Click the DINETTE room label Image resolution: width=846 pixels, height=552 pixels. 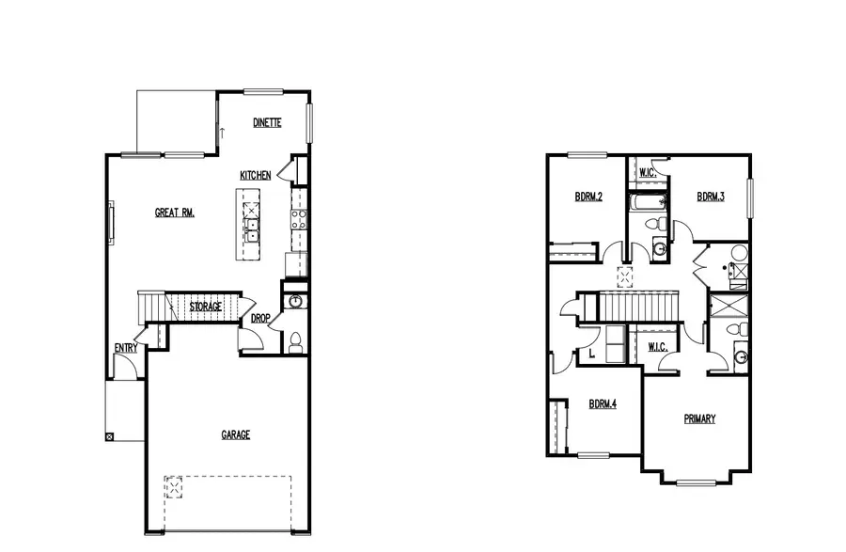click(268, 123)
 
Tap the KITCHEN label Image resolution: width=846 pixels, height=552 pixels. click(256, 176)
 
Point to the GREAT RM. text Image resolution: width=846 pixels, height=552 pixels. click(175, 213)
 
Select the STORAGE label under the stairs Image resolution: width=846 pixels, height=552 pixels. click(206, 308)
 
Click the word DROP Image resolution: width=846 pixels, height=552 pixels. click(260, 319)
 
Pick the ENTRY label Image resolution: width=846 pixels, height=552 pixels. click(126, 348)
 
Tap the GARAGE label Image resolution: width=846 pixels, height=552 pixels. click(236, 434)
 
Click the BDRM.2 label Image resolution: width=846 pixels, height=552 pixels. click(588, 197)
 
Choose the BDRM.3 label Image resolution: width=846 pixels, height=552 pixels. click(711, 197)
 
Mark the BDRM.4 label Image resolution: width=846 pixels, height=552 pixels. click(602, 404)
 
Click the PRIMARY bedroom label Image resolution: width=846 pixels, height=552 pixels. click(699, 419)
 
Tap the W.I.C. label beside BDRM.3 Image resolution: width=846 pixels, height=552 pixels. click(647, 174)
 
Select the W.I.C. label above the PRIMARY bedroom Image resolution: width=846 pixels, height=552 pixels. click(657, 348)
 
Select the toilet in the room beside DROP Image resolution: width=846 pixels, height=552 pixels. click(294, 341)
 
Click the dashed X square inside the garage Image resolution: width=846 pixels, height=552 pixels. click(174, 486)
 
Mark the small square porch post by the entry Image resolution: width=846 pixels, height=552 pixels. click(111, 436)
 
